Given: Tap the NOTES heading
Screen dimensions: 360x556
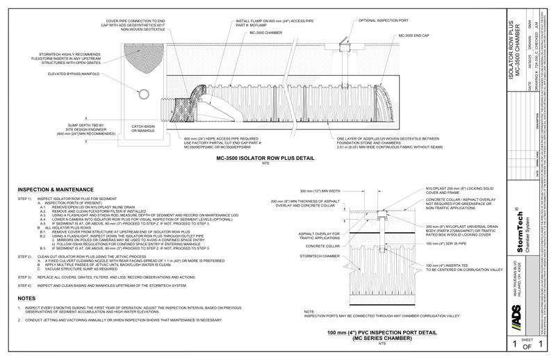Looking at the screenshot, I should coord(27,298).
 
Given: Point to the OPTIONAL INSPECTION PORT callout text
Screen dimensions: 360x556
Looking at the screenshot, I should coord(383,21).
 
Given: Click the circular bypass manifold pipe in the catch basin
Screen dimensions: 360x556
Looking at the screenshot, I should coord(142,92).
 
